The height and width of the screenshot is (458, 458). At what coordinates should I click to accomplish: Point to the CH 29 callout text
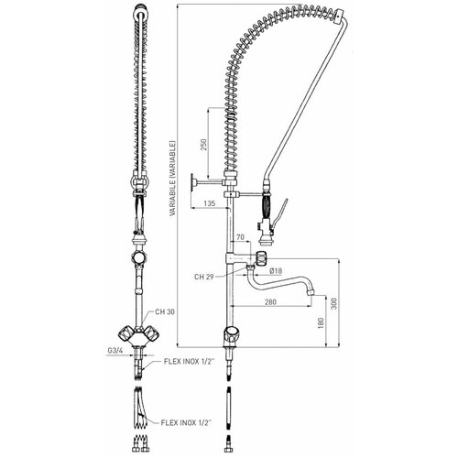click(x=206, y=275)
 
